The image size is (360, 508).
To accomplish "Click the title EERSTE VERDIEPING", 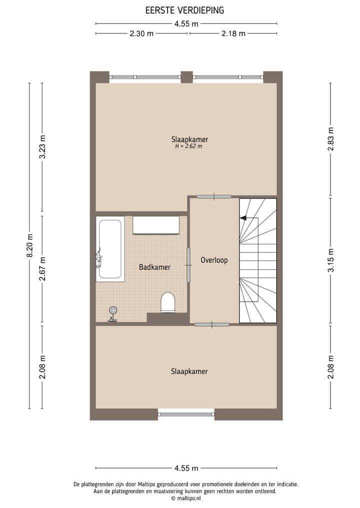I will [184, 10].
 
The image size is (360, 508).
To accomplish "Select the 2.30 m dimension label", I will [141, 34].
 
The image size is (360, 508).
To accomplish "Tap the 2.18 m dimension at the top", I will [233, 34].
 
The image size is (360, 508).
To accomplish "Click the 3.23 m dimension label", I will [42, 147].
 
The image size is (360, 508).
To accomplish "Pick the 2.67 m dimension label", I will [42, 269].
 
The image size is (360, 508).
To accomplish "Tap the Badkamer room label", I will [154, 267].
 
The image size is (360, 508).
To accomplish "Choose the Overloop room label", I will [214, 260].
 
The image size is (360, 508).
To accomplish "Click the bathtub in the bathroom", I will [110, 249].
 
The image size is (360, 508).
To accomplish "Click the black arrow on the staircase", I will [243, 218].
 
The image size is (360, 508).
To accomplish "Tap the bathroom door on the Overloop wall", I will [188, 265].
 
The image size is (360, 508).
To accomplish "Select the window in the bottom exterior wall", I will [186, 414].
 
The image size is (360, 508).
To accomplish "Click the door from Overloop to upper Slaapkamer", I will [214, 197].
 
